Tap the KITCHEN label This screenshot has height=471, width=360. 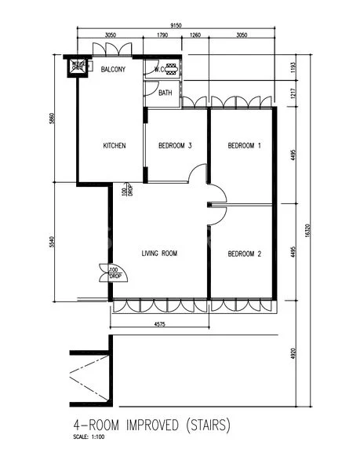pyautogui.click(x=115, y=145)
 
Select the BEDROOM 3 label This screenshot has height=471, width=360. pyautogui.click(x=176, y=145)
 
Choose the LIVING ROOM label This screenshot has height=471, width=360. pyautogui.click(x=160, y=254)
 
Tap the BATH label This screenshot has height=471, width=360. pyautogui.click(x=165, y=93)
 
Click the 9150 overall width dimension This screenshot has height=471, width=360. pyautogui.click(x=176, y=25)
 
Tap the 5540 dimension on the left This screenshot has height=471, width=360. pyautogui.click(x=51, y=243)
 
